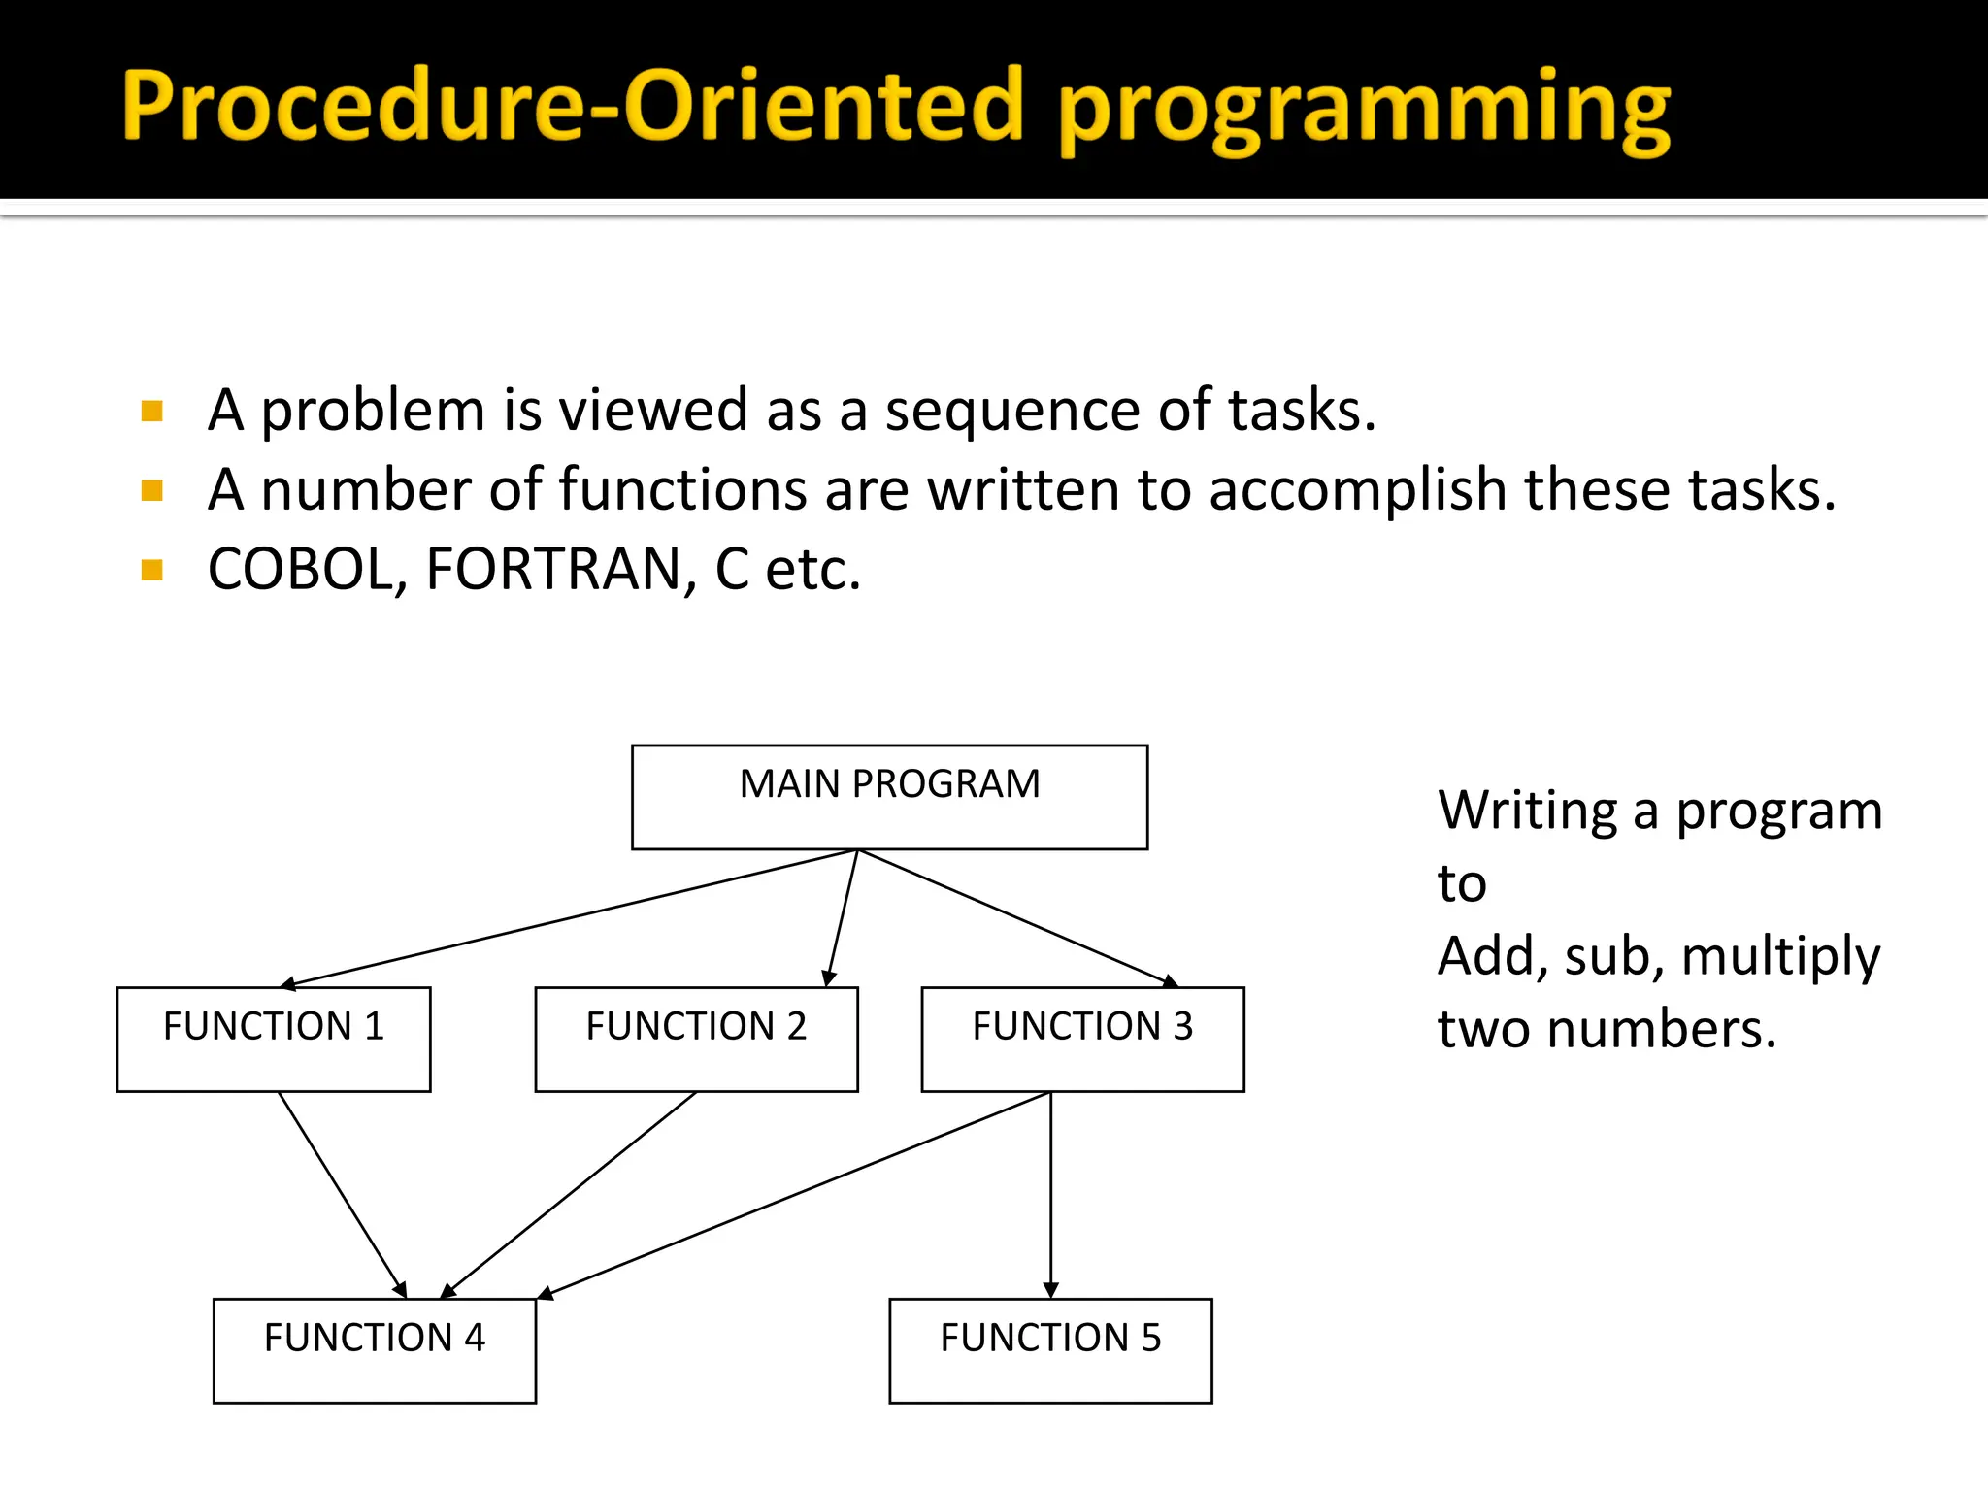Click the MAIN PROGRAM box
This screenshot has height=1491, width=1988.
click(x=889, y=797)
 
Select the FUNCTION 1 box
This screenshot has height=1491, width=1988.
click(x=273, y=1040)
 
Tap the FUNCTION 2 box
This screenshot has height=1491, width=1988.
click(x=696, y=1040)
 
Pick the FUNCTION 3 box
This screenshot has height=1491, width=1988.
click(x=1082, y=1040)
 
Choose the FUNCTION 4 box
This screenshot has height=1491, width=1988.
click(x=374, y=1350)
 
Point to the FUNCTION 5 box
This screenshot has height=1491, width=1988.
click(x=1050, y=1350)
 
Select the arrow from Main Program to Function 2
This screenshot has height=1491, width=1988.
click(x=842, y=918)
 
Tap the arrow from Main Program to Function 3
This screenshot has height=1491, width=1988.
click(x=1014, y=918)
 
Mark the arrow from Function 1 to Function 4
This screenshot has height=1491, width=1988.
click(x=342, y=1194)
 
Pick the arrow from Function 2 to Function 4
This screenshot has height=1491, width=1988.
click(x=570, y=1194)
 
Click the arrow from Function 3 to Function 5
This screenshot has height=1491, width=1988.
click(x=1050, y=1194)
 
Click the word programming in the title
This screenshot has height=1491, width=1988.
click(x=1364, y=109)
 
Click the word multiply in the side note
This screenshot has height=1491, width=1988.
click(x=1780, y=957)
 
